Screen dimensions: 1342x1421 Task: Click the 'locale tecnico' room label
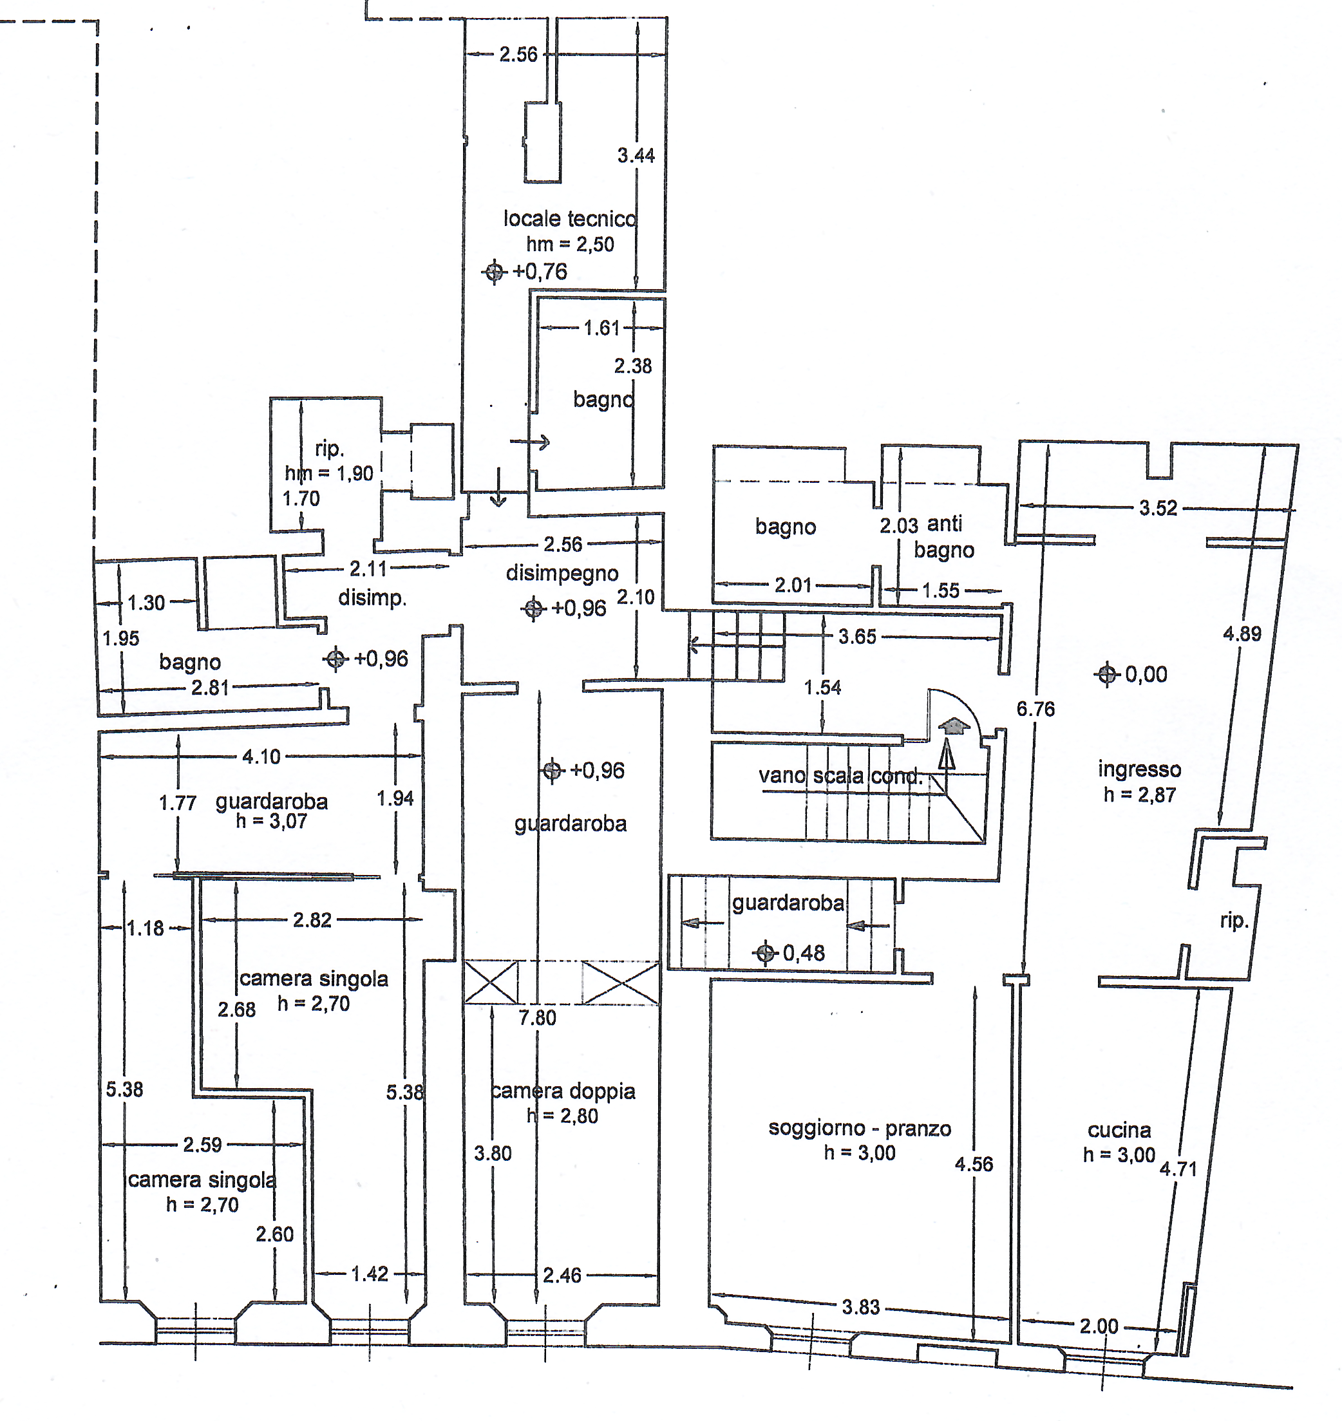(x=570, y=218)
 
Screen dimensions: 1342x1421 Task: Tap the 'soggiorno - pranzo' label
(x=860, y=1128)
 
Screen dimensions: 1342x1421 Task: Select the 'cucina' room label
(x=1120, y=1130)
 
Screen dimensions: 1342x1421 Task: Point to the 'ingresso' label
(x=1140, y=769)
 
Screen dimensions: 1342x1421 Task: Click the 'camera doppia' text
(x=563, y=1091)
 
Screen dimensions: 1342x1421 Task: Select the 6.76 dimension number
(x=1036, y=709)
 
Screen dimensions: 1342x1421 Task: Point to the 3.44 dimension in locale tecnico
(x=636, y=155)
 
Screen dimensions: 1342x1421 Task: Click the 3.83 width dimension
(x=860, y=1306)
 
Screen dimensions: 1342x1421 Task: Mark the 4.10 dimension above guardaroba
(x=261, y=756)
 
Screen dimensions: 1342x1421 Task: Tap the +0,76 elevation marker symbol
(x=494, y=272)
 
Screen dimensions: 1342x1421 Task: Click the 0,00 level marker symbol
(x=1107, y=673)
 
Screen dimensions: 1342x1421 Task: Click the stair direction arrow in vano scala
(x=947, y=755)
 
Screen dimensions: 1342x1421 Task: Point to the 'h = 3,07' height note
(x=272, y=821)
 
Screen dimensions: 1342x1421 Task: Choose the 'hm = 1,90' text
(x=329, y=473)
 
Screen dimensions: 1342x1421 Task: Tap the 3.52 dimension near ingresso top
(x=1158, y=508)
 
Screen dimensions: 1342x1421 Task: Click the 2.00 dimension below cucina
(x=1099, y=1326)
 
